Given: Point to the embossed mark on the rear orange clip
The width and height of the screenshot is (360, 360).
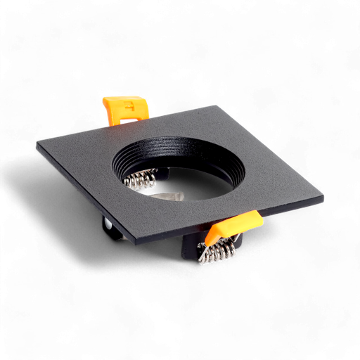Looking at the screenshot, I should coord(131,107).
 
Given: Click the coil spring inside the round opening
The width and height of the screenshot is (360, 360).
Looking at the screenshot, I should coord(140,181).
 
